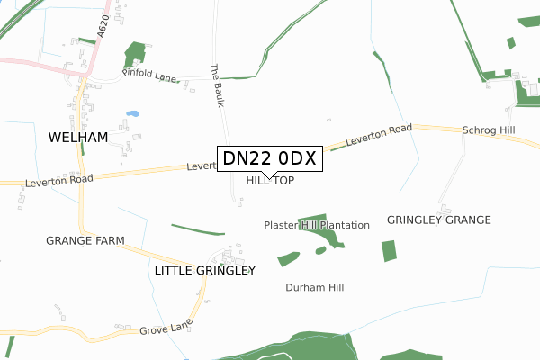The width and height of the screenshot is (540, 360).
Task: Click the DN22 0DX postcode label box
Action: [269, 159]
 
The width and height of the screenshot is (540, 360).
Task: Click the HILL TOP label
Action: [270, 181]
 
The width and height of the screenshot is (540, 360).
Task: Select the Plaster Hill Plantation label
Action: [317, 224]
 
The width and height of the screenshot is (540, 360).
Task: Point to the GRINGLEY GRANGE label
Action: [438, 220]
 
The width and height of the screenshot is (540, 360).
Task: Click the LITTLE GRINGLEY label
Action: [205, 270]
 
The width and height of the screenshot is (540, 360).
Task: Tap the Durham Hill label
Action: [315, 287]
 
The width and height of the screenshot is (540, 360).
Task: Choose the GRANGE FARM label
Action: [85, 241]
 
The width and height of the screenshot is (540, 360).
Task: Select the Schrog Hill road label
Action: [488, 130]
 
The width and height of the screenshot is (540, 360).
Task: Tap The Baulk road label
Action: [216, 85]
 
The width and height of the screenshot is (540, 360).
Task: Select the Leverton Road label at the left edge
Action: [60, 180]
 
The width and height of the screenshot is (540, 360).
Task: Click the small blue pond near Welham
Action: [133, 114]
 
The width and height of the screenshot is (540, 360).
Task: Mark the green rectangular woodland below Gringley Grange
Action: [389, 250]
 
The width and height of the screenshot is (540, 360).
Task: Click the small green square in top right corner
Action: [510, 42]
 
